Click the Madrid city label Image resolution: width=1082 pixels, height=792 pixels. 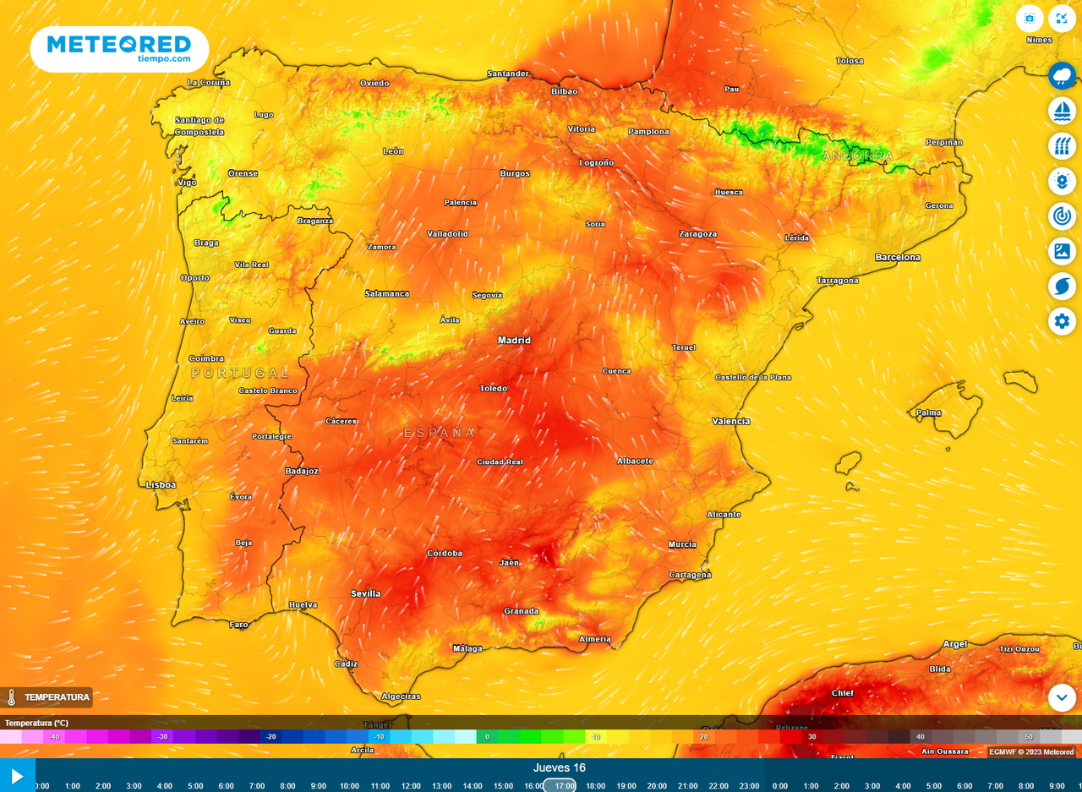pyautogui.click(x=514, y=341)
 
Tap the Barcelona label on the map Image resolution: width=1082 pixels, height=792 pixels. pyautogui.click(x=898, y=257)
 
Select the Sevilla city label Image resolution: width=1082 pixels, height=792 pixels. pyautogui.click(x=366, y=593)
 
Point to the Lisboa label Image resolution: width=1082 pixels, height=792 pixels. pyautogui.click(x=161, y=485)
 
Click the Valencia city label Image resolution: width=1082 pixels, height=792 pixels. pyautogui.click(x=731, y=421)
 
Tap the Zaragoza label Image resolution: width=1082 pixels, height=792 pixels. pyautogui.click(x=697, y=234)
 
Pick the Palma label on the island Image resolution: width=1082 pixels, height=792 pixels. pyautogui.click(x=929, y=413)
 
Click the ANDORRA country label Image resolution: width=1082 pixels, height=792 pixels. pyautogui.click(x=857, y=156)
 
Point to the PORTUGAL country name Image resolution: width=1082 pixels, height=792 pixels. pyautogui.click(x=240, y=373)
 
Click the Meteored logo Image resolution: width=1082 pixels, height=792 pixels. pyautogui.click(x=119, y=48)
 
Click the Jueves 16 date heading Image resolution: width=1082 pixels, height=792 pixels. pyautogui.click(x=560, y=768)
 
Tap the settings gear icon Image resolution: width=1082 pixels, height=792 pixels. pyautogui.click(x=1063, y=321)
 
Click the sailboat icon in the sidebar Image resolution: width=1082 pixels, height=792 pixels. pyautogui.click(x=1063, y=111)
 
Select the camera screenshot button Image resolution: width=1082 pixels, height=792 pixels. pyautogui.click(x=1030, y=19)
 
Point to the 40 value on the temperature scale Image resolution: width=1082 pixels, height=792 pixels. pyautogui.click(x=921, y=737)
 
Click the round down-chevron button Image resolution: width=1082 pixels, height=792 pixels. pyautogui.click(x=1063, y=697)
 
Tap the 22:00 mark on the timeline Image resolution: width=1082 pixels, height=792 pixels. pyautogui.click(x=719, y=785)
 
